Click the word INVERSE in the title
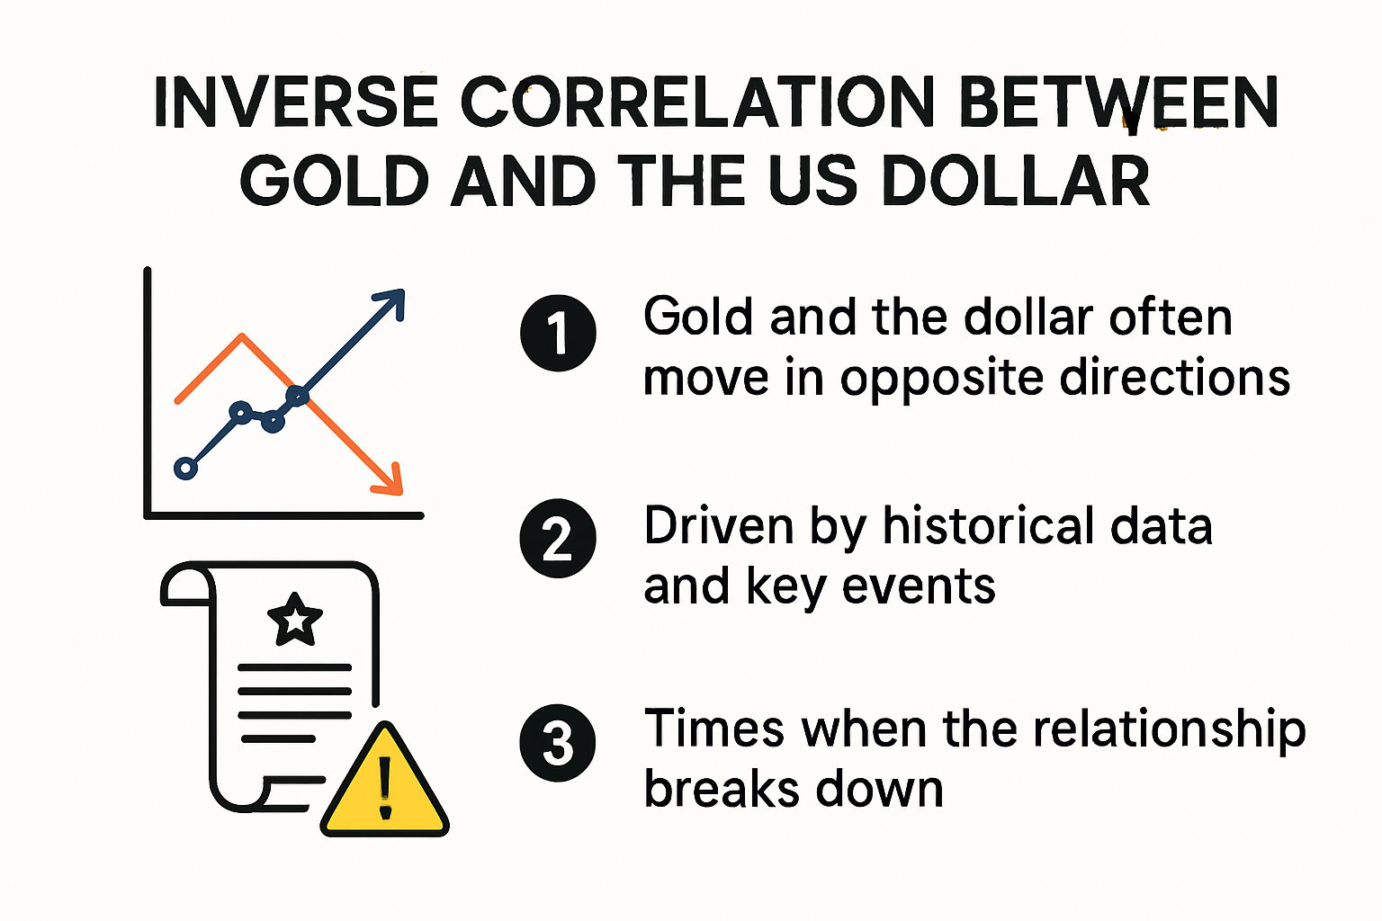[x=295, y=103]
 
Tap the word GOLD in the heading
[x=334, y=182]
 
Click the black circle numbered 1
[x=558, y=333]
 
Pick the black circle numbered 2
[x=558, y=538]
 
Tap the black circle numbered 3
[x=558, y=743]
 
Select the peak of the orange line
[x=242, y=336]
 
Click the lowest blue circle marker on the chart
[x=185, y=468]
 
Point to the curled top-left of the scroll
[x=184, y=585]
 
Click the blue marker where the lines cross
[x=297, y=394]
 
